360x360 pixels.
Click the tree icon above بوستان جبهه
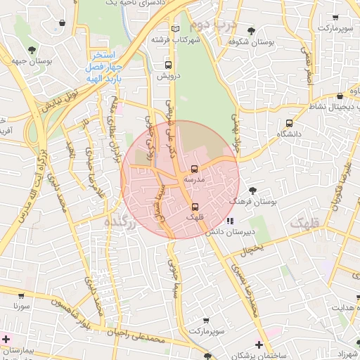[x=32, y=49]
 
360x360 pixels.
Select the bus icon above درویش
[x=167, y=65]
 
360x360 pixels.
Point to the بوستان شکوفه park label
[x=254, y=42]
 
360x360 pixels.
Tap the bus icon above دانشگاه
[x=288, y=122]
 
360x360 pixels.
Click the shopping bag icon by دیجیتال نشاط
[x=340, y=96]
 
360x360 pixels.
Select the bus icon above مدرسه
[x=194, y=169]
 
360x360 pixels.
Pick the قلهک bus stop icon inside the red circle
[x=194, y=206]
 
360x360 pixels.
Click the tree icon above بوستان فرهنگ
[x=252, y=190]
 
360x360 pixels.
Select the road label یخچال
[x=250, y=249]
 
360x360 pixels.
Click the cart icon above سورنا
[x=20, y=296]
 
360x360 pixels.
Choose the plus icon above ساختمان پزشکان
[x=259, y=345]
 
